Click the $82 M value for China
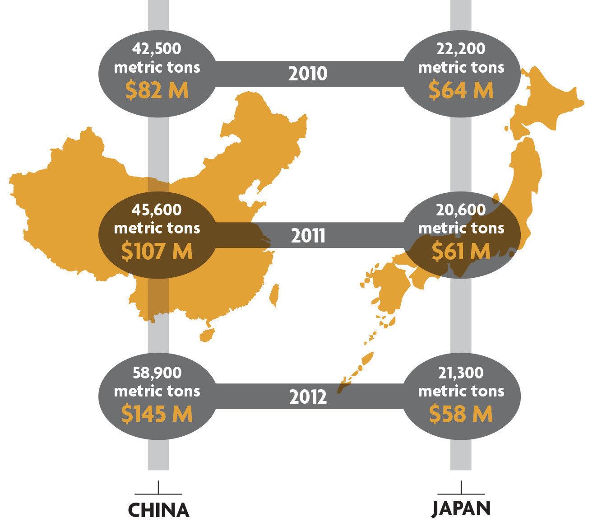tap(157, 90)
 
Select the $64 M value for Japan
tap(461, 90)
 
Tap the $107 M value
tap(157, 251)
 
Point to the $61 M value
tap(461, 251)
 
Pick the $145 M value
tap(157, 414)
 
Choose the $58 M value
tap(461, 414)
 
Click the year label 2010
tap(308, 73)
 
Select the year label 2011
tap(308, 235)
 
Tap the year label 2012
tap(308, 397)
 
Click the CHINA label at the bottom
tap(158, 510)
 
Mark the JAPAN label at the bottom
tap(461, 508)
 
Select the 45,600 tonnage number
tap(157, 210)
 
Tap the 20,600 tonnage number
tap(461, 210)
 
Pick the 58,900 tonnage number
tap(157, 373)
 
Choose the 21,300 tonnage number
tap(461, 373)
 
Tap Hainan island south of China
tap(206, 335)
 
